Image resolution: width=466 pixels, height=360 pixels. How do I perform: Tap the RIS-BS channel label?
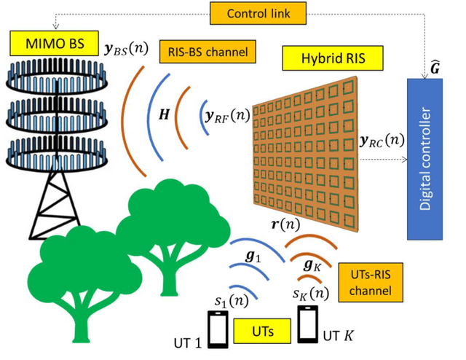203,52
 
